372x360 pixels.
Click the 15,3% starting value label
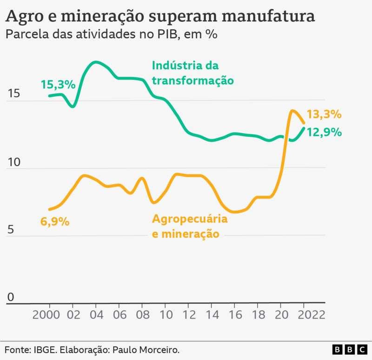pos(58,85)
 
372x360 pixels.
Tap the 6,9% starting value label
pos(55,221)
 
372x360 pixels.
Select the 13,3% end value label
pos(324,114)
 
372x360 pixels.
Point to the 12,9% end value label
pos(324,132)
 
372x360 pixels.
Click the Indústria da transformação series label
pos(193,72)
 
